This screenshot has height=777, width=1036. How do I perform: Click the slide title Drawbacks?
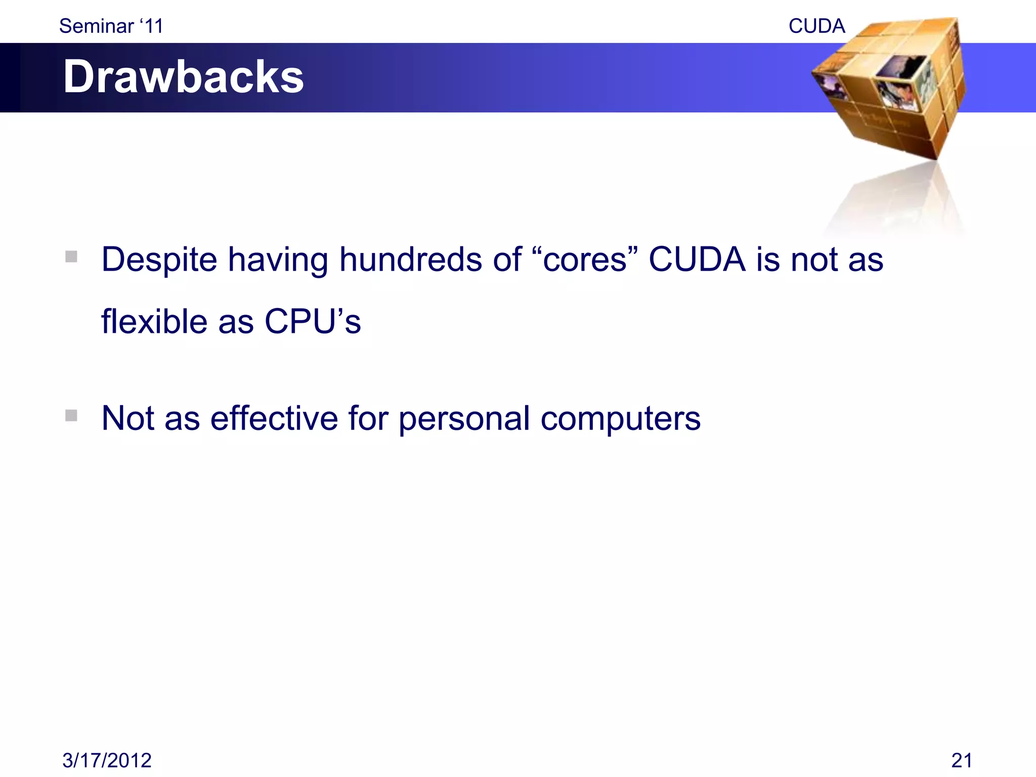click(x=183, y=77)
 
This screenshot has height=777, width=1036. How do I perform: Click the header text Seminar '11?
click(x=111, y=26)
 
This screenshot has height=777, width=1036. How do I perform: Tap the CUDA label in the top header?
click(x=816, y=26)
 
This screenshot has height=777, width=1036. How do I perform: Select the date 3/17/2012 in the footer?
click(x=107, y=760)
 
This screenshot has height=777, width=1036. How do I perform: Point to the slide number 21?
click(x=961, y=760)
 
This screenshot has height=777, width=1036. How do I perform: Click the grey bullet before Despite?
click(x=71, y=256)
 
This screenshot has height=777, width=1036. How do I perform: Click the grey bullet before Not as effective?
click(x=71, y=415)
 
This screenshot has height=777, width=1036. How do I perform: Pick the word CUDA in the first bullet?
click(x=697, y=260)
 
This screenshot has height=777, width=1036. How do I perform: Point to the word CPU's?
click(x=312, y=322)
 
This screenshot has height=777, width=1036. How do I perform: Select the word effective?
click(x=274, y=418)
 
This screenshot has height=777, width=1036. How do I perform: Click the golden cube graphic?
click(x=890, y=91)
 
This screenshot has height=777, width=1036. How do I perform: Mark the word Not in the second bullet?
click(x=128, y=418)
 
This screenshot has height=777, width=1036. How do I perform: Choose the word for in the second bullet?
click(x=368, y=418)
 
